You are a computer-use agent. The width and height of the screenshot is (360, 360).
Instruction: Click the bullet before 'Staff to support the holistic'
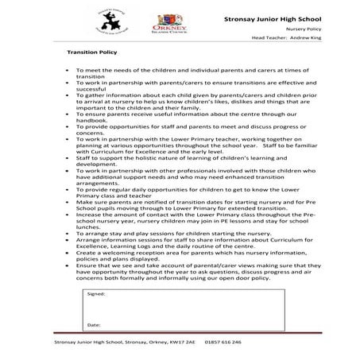[x=67, y=158]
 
